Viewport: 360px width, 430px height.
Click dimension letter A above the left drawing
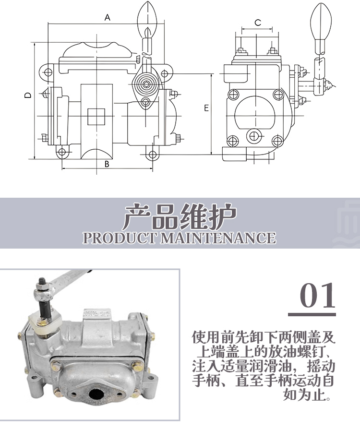pos(108,18)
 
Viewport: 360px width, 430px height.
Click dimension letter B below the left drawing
pos(107,164)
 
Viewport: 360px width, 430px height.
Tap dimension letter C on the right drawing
pos(258,23)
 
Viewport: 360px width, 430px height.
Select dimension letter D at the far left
pos(28,95)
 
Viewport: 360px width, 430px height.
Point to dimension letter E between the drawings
pos(206,108)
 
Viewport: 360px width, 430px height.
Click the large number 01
pos(317,295)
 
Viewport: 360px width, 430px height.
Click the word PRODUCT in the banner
pos(120,238)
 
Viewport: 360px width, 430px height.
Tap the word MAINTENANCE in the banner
pos(218,238)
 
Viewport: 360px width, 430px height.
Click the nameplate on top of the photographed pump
pos(97,314)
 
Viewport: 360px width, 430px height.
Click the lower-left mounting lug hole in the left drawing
pos(62,152)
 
